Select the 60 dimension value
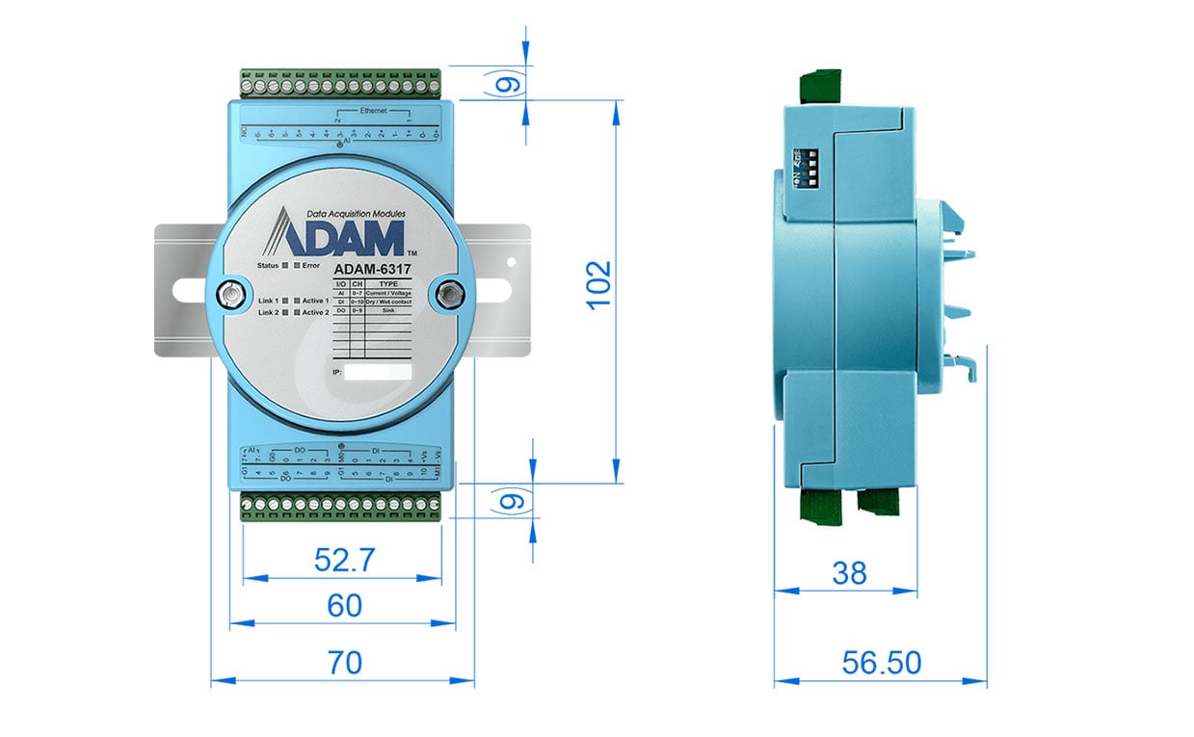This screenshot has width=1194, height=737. (x=344, y=605)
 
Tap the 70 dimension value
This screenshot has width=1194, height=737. (x=344, y=662)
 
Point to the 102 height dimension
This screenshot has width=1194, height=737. (x=599, y=284)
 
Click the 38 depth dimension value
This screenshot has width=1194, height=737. (x=849, y=573)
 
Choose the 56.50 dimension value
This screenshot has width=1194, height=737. (x=881, y=662)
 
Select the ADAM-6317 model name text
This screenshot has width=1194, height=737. (x=371, y=270)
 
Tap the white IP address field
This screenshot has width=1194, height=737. (x=378, y=372)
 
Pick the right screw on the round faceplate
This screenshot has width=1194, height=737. (x=446, y=294)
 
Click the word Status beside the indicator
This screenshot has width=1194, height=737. (x=268, y=265)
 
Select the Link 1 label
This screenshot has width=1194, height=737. (x=271, y=301)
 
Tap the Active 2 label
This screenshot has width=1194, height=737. (x=315, y=312)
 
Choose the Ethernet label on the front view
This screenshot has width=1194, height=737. (x=374, y=111)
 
